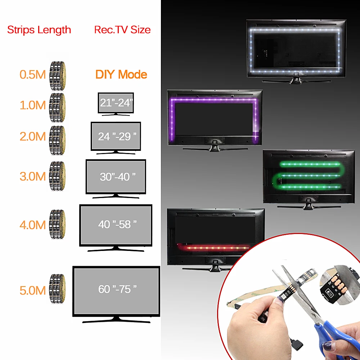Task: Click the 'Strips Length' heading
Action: [39, 30]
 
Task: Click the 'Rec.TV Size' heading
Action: [122, 30]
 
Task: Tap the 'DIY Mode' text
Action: [121, 75]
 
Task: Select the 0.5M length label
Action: [33, 75]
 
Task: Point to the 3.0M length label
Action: [33, 176]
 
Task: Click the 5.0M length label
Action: [33, 290]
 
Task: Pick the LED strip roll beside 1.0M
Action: [57, 105]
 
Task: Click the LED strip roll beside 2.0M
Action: [57, 137]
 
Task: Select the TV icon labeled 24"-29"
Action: [116, 137]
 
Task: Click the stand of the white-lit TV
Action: [296, 79]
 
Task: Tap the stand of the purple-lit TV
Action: [215, 146]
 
